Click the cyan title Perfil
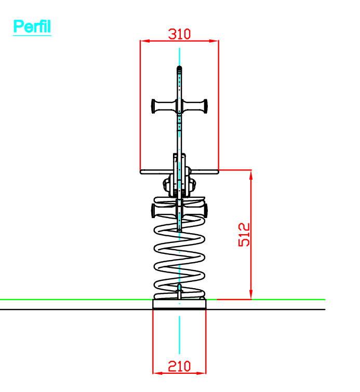(32, 26)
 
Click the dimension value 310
(179, 34)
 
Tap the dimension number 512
(244, 235)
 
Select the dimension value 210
(179, 367)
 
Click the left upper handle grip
(164, 106)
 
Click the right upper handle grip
(195, 106)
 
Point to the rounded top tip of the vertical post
(179, 67)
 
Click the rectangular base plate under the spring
(179, 304)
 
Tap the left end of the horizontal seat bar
(141, 172)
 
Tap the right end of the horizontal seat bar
(217, 172)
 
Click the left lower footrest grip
(164, 210)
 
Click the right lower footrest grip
(195, 210)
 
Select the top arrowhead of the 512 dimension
(251, 174)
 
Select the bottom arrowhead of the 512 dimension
(251, 295)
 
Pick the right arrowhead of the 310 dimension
(214, 40)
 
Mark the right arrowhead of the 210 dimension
(202, 373)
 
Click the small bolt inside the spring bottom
(179, 291)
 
